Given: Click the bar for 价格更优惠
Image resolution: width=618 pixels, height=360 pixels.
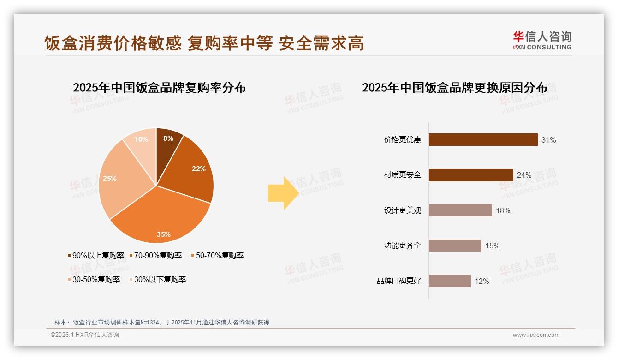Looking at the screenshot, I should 483,139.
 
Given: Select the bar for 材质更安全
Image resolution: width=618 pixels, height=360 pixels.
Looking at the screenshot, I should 471,175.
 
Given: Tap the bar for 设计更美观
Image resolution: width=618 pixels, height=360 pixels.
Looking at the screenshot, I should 460,210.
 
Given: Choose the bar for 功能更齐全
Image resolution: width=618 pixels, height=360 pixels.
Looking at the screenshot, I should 455,246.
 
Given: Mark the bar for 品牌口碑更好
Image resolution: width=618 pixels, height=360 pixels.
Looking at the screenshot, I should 450,281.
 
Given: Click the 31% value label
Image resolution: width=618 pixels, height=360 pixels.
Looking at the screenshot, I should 549,140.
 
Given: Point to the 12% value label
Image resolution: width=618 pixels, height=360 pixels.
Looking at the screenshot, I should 482,281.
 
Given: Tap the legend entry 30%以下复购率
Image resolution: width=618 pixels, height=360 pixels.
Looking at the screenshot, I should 160,279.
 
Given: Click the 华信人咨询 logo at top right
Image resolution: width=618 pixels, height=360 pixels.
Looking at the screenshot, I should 542,40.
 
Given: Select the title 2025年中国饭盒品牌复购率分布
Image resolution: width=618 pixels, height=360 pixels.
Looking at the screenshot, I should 159,87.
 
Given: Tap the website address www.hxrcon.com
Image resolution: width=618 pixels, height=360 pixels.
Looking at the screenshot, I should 536,335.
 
